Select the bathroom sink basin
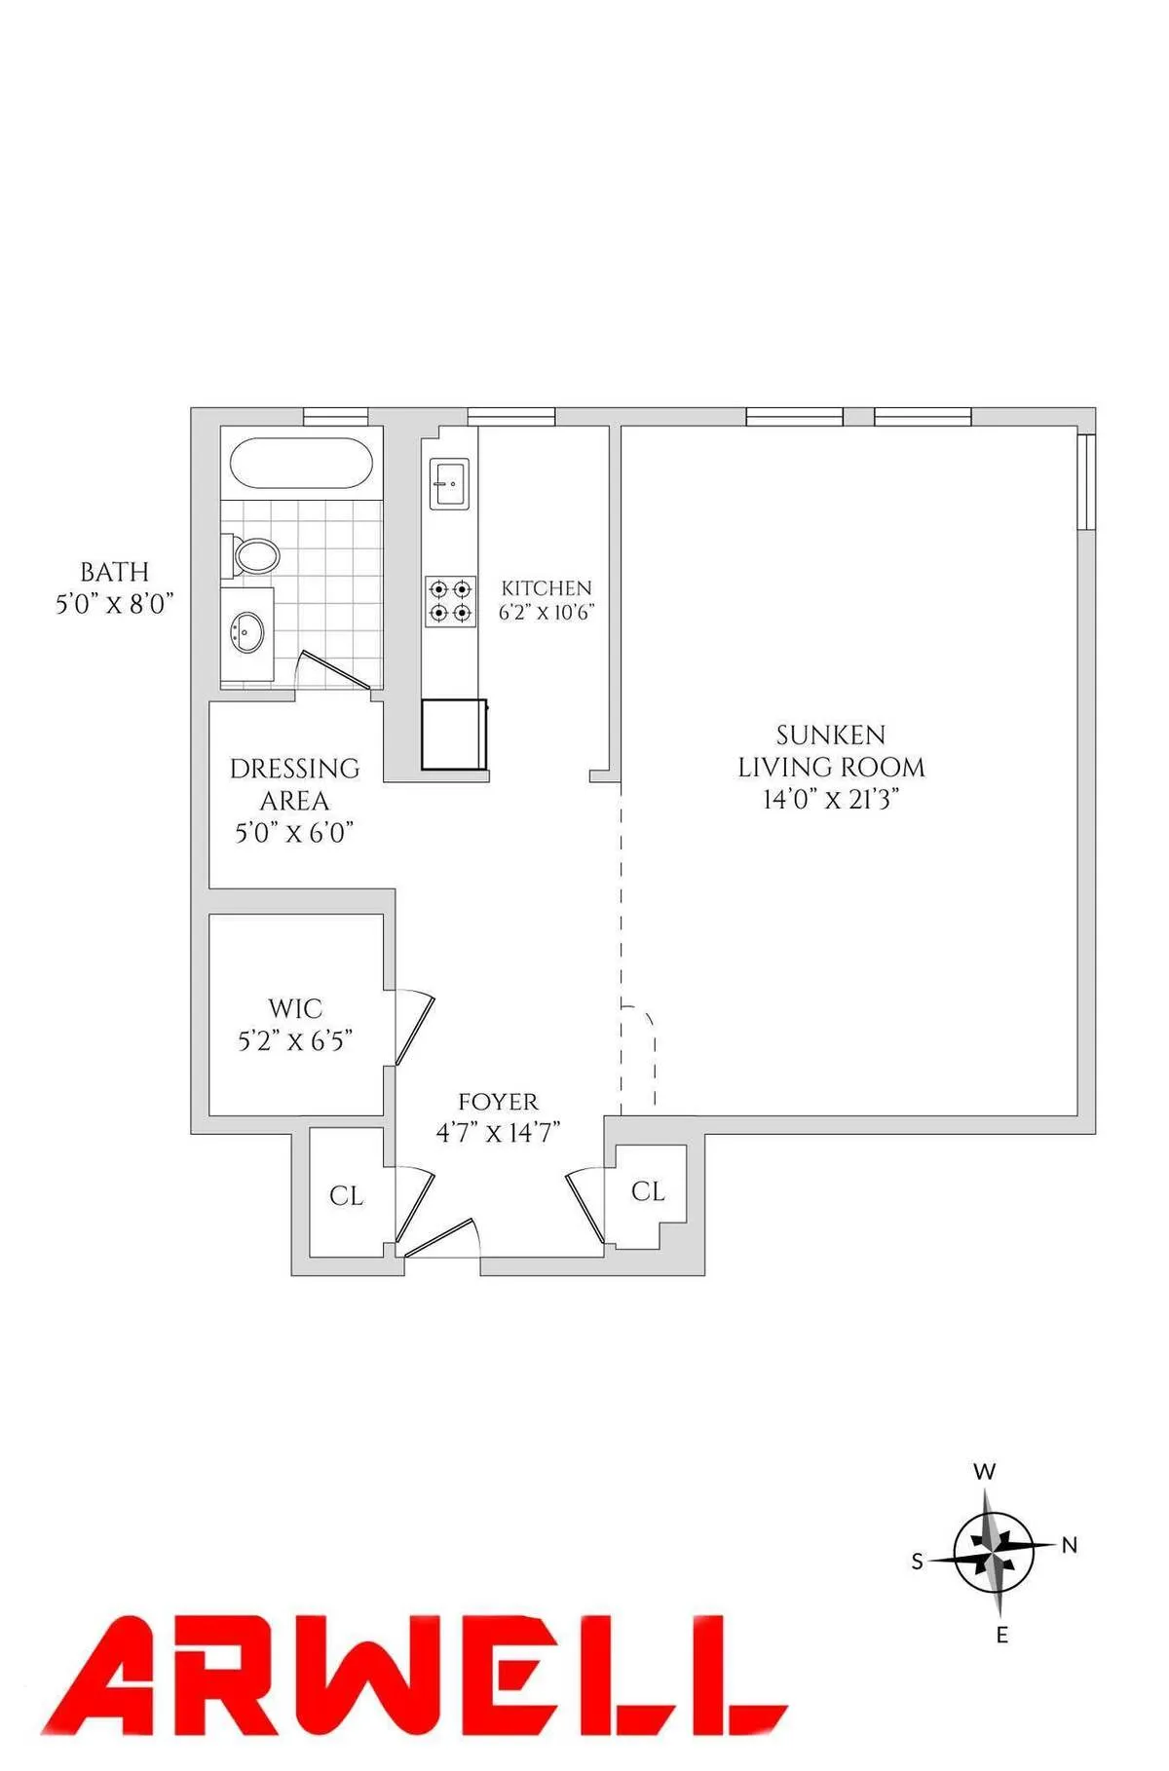(x=246, y=633)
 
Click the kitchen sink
(x=450, y=482)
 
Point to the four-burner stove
(x=450, y=601)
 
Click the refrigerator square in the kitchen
(x=453, y=735)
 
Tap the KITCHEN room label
(x=546, y=588)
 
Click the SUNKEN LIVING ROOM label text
(x=830, y=751)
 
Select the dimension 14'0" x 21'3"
(x=830, y=800)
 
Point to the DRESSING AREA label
(x=294, y=784)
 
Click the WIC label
(x=294, y=1007)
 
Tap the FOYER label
(x=498, y=1102)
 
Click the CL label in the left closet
(x=346, y=1195)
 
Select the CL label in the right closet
(x=648, y=1190)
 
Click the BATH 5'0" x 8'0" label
(x=114, y=587)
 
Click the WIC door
(x=415, y=1030)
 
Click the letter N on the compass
(x=1069, y=1545)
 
